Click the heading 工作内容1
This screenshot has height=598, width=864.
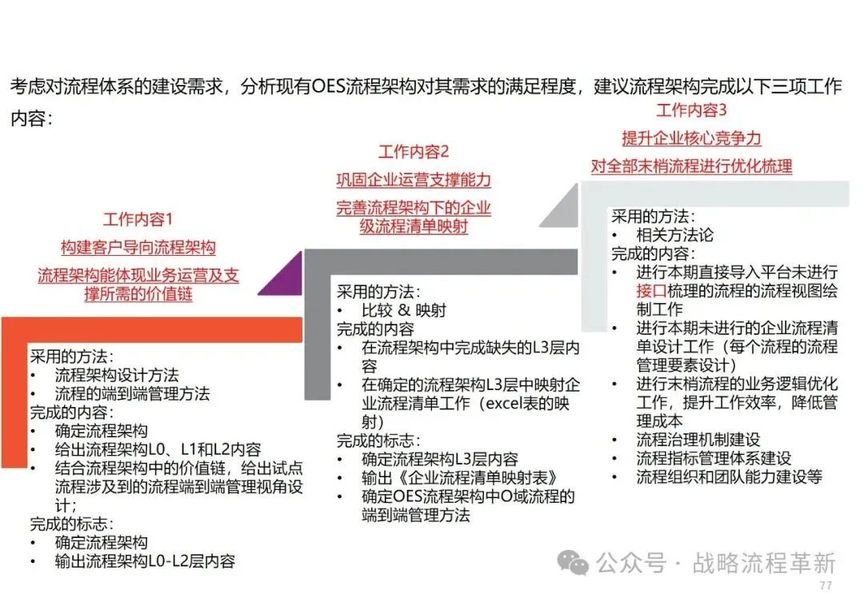(138, 219)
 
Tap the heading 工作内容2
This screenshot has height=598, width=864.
(413, 152)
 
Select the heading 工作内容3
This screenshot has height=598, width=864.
(692, 110)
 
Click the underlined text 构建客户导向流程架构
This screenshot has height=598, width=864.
(138, 247)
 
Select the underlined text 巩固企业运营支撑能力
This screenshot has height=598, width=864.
(413, 180)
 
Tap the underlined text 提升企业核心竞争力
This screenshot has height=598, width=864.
(692, 138)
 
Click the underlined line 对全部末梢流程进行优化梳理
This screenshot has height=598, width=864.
(692, 166)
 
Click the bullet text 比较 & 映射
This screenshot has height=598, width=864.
(404, 311)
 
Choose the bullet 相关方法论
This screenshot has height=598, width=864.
(674, 235)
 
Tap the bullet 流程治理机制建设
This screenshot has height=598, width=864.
(698, 440)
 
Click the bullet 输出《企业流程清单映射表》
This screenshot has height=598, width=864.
(459, 478)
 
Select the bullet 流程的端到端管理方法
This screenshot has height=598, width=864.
(132, 393)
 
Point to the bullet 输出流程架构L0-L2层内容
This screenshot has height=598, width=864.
(145, 561)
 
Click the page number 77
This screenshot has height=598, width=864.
(826, 586)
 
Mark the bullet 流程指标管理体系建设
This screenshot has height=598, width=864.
(714, 459)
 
